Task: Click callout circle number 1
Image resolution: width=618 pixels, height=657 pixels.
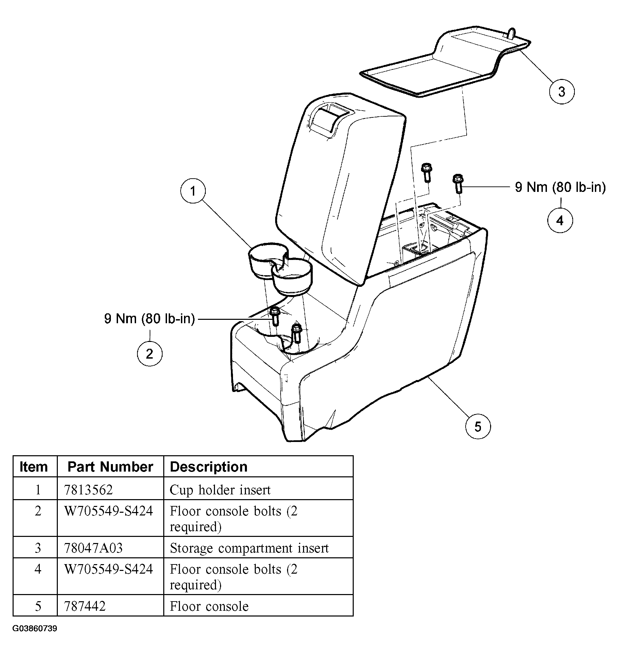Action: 193,191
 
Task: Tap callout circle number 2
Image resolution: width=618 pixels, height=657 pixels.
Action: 150,354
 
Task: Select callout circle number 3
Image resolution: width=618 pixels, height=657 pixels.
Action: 562,92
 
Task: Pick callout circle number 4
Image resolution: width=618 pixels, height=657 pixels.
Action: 560,220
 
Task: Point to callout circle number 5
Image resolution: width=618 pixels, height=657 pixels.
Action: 478,426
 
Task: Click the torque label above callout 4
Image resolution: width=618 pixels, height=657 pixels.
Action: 560,187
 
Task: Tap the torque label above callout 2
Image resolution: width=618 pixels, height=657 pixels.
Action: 149,319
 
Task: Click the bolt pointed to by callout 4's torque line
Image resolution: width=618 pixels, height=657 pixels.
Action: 458,184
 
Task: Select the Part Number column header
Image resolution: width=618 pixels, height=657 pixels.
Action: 110,466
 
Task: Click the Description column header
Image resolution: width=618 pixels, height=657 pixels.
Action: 208,466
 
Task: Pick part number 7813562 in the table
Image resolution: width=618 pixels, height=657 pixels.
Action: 88,490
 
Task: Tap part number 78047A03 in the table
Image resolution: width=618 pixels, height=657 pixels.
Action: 94,548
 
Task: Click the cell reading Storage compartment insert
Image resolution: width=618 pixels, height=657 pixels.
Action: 249,548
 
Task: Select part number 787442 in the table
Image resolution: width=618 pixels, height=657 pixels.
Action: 85,606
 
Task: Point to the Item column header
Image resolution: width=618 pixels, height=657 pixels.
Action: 34,466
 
